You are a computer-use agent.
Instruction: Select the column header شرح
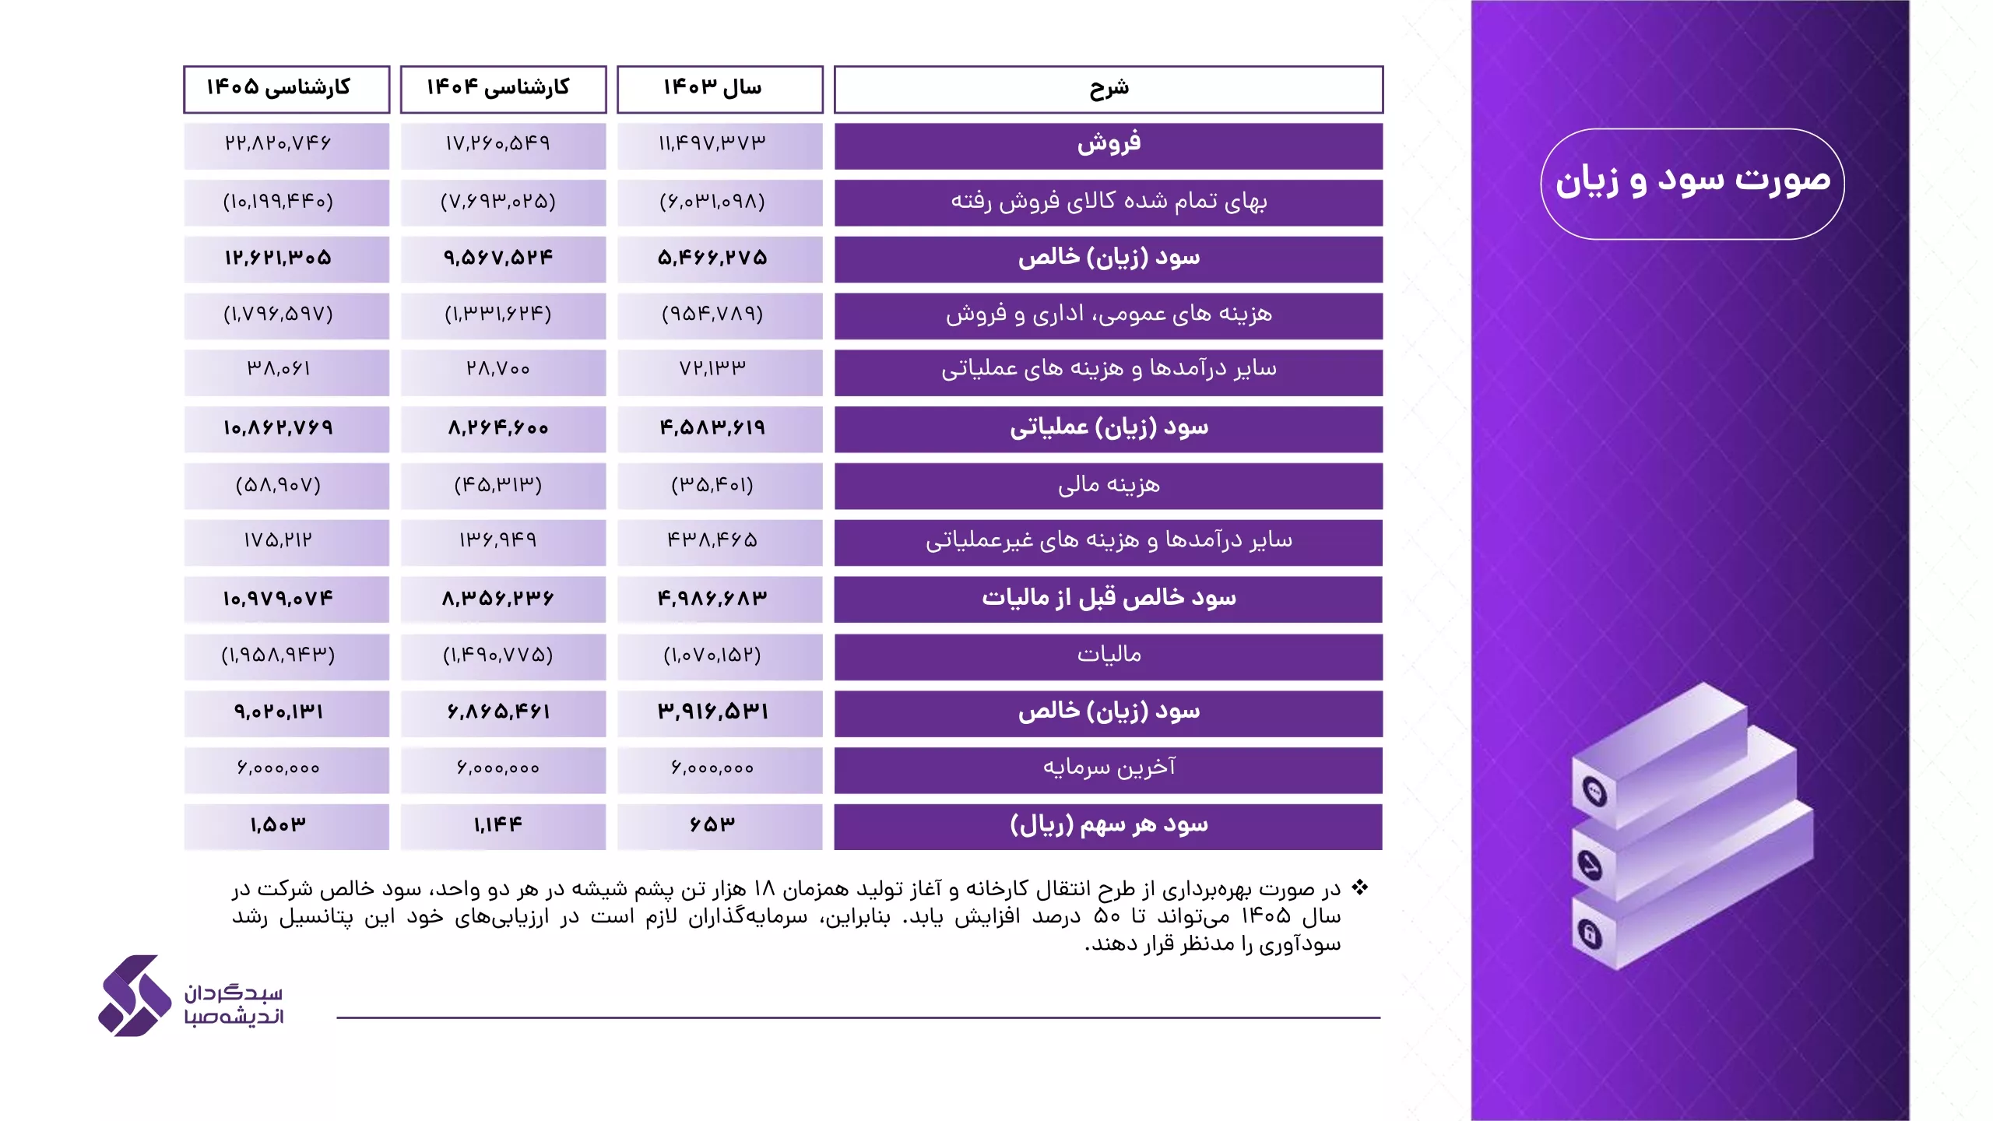pyautogui.click(x=1108, y=89)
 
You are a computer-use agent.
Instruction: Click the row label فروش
pyautogui.click(x=1108, y=145)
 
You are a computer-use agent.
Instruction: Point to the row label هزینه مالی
pyautogui.click(x=1108, y=486)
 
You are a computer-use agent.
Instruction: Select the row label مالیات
pyautogui.click(x=1108, y=655)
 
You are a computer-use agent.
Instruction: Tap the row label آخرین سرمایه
pyautogui.click(x=1108, y=769)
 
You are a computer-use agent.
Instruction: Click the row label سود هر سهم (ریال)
pyautogui.click(x=1108, y=825)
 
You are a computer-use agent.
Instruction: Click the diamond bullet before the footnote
pyautogui.click(x=1359, y=887)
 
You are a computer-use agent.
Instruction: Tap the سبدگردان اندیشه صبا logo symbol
pyautogui.click(x=135, y=996)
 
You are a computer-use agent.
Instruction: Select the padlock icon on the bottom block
pyautogui.click(x=1590, y=933)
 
